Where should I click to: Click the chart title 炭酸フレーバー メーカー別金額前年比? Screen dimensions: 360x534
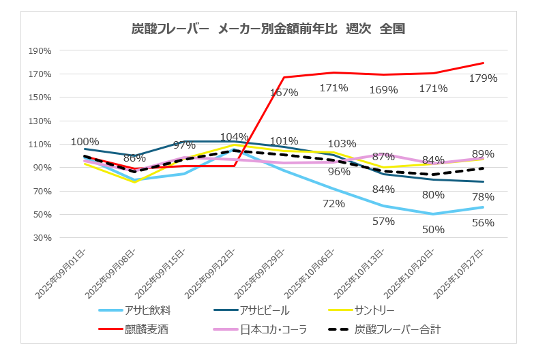click(268, 29)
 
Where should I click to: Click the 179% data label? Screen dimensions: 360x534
click(483, 78)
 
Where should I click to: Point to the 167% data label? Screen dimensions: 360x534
click(284, 92)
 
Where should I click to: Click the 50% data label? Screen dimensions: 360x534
click(433, 230)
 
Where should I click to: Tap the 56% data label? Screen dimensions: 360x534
click(483, 223)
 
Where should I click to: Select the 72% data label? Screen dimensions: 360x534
click(334, 203)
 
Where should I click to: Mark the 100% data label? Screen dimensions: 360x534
click(85, 142)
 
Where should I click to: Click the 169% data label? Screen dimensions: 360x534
click(384, 89)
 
